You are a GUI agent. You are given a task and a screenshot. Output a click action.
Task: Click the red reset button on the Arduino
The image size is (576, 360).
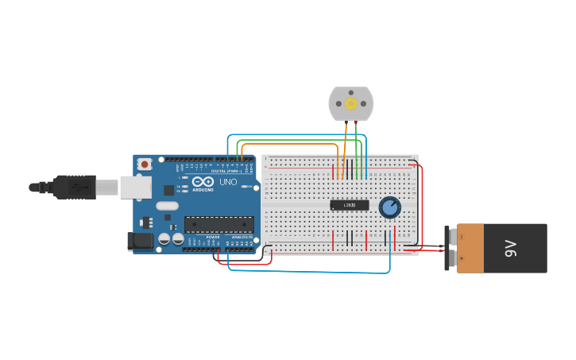pyautogui.click(x=144, y=164)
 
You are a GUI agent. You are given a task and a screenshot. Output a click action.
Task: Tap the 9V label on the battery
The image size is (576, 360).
pyautogui.click(x=511, y=248)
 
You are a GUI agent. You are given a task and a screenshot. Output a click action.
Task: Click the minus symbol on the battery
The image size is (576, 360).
pyautogui.click(x=461, y=237)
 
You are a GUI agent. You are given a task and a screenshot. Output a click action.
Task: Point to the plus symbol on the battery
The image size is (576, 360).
pyautogui.click(x=461, y=258)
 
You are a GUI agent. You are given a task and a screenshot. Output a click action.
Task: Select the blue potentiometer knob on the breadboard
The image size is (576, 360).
pyautogui.click(x=389, y=207)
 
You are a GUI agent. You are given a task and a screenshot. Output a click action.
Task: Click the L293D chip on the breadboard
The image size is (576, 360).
pyautogui.click(x=350, y=205)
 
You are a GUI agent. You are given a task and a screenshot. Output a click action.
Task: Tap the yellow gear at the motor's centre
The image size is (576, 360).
pyautogui.click(x=350, y=103)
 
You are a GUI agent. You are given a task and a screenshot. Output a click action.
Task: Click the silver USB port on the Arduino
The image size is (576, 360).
pyautogui.click(x=135, y=187)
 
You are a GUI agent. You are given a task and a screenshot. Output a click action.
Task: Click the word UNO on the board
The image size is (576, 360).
pyautogui.click(x=228, y=182)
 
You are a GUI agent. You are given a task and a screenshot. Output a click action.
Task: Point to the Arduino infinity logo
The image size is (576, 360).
pyautogui.click(x=203, y=181)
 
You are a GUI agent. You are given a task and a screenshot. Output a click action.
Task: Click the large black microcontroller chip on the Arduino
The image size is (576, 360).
pyautogui.click(x=219, y=224)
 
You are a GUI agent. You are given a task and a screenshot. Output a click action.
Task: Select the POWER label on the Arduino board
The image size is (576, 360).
pyautogui.click(x=213, y=237)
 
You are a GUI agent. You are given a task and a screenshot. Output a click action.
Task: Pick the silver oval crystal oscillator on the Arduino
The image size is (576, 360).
pyautogui.click(x=167, y=206)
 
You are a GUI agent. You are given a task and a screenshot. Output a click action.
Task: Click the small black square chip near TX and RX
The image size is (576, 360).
pyautogui.click(x=169, y=190)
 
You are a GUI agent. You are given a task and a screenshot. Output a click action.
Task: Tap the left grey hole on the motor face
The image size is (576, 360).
pyautogui.click(x=338, y=103)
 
